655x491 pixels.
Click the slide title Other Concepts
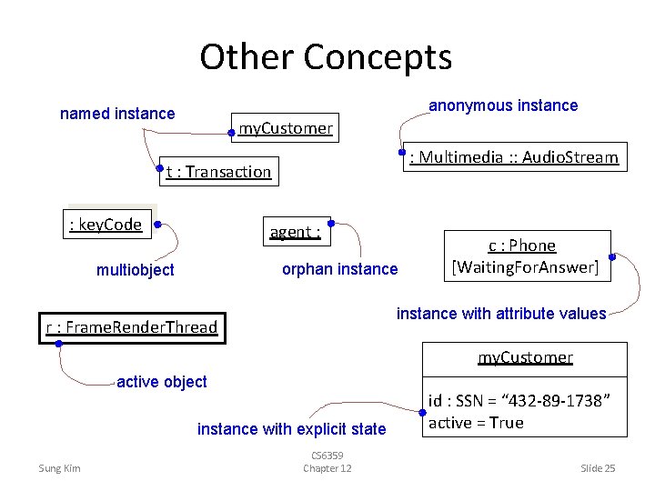[326, 56]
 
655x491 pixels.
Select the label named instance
[116, 114]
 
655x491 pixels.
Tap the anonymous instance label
[503, 105]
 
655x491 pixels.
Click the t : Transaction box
[218, 171]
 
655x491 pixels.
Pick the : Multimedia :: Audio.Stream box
[514, 157]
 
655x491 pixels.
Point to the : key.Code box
[106, 225]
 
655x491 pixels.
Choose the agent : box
[295, 232]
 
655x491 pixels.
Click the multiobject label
[135, 269]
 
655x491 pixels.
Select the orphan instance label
[339, 268]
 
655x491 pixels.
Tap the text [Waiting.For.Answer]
[525, 267]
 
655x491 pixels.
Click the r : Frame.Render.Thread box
[132, 327]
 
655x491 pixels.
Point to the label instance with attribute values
[500, 314]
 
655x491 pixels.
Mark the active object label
[162, 382]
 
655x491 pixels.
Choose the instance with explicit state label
[291, 428]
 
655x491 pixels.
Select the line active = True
[476, 423]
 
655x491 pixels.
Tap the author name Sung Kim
[59, 468]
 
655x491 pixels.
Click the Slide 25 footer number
[598, 468]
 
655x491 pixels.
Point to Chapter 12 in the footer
[327, 468]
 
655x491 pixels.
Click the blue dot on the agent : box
[331, 223]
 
